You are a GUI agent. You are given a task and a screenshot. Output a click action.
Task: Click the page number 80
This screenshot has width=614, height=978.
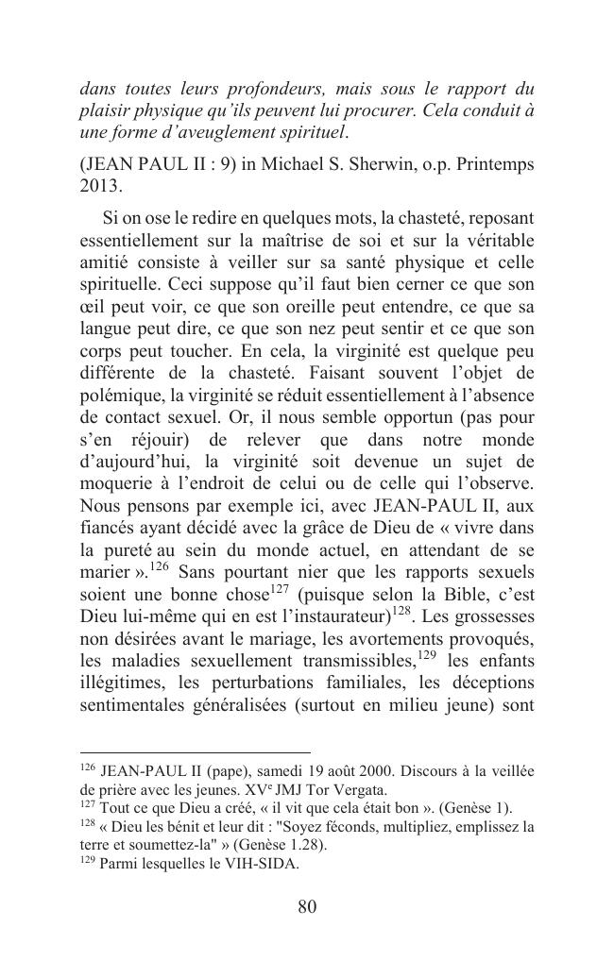coord(307,907)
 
